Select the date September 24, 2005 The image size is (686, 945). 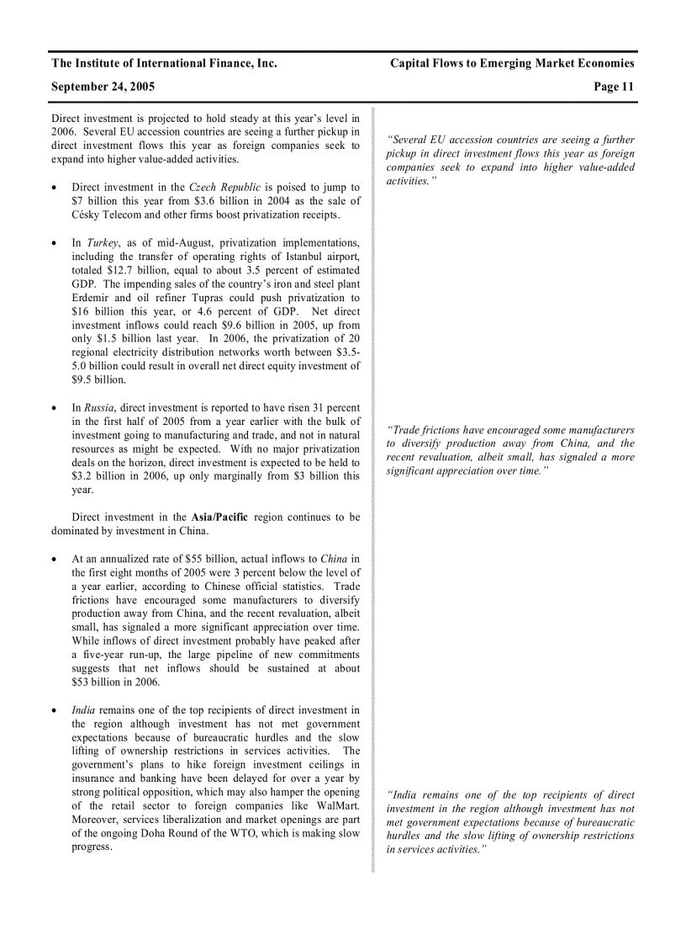pos(103,87)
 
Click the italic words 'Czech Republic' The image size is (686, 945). pos(224,188)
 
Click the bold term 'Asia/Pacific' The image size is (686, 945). pos(219,518)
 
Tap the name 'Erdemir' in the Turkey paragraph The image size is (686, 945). pos(89,298)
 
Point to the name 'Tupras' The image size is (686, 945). pos(224,298)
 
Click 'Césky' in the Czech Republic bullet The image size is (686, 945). pos(88,215)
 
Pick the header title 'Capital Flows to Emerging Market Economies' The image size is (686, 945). pos(512,63)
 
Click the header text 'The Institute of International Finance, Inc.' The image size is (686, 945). pos(164,63)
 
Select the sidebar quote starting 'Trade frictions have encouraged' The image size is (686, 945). pos(510,450)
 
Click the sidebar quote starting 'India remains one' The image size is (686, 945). pos(510,822)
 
